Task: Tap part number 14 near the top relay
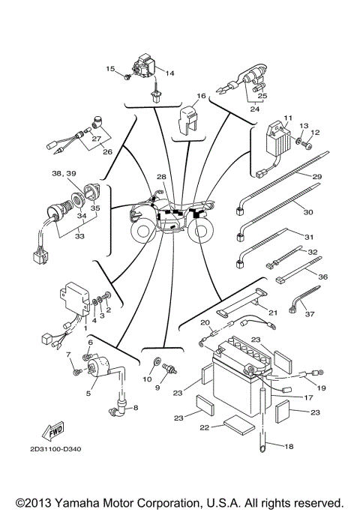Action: click(169, 73)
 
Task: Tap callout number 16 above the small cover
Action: click(201, 96)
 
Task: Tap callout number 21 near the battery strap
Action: click(272, 313)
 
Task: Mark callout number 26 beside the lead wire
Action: click(107, 152)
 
